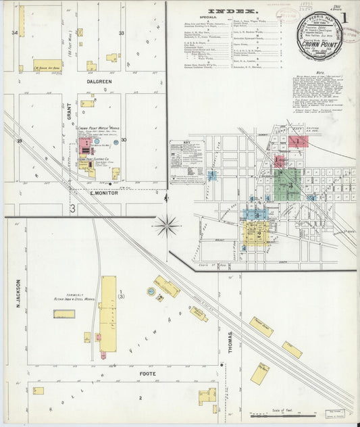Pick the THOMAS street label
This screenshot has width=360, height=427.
[230, 343]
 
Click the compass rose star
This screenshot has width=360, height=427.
[167, 225]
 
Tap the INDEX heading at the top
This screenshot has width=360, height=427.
[233, 11]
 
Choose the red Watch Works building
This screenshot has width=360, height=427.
[86, 145]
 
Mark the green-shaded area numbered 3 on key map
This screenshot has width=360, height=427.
[290, 184]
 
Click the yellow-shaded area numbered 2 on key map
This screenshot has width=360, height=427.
[259, 234]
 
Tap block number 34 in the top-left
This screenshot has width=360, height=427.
[14, 32]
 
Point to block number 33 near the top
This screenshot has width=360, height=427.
[122, 32]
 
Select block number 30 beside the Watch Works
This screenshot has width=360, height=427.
[123, 141]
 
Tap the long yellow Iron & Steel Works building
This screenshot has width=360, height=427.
[108, 313]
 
